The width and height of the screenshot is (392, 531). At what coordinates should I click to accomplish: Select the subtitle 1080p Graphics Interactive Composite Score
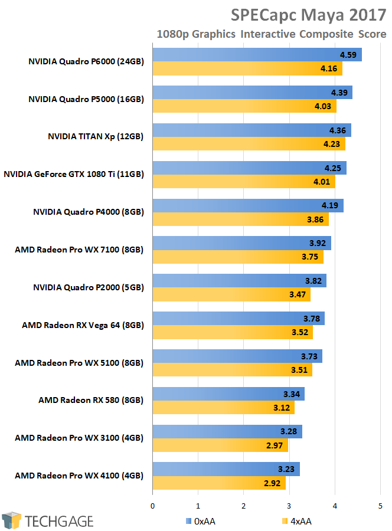pos(271,34)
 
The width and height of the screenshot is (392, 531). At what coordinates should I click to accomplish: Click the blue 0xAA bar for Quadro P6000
pos(257,55)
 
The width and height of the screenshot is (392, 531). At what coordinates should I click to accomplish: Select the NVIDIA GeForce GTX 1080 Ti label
pos(74,174)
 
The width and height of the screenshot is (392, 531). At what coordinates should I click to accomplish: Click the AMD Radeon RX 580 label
pos(91,400)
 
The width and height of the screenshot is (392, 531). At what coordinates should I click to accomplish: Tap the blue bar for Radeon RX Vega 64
pos(239,319)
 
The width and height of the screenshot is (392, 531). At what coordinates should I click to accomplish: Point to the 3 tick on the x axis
pos(289,506)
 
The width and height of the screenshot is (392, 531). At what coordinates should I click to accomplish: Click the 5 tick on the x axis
pos(380,506)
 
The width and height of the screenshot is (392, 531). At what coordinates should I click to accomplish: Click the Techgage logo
pos(48,521)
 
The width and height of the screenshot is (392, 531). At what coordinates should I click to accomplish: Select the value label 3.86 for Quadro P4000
pos(316,220)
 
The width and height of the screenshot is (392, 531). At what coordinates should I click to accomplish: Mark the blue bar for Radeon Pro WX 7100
pos(241,244)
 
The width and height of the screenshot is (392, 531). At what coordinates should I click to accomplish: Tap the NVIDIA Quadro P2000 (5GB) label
pos(89,287)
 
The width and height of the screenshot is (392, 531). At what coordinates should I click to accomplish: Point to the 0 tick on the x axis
pos(153,506)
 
